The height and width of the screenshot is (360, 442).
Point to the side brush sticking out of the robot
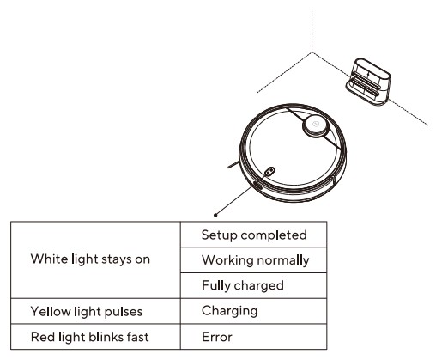[233, 161]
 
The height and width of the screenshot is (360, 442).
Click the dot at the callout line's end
[214, 215]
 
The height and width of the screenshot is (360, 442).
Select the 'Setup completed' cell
[253, 234]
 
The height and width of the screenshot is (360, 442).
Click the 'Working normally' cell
[253, 259]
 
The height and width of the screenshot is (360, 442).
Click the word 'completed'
[273, 234]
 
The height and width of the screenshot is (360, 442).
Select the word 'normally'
[278, 259]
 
